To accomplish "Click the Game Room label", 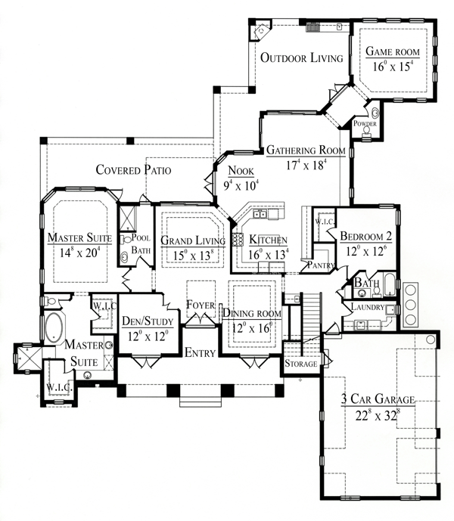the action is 393,51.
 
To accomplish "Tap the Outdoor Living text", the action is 301,57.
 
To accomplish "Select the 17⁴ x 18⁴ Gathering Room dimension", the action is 306,165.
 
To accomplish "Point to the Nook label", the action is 241,171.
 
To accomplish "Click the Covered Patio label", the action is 133,170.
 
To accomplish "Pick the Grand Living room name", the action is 193,240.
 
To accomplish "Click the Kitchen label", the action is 268,240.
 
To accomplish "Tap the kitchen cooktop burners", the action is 238,240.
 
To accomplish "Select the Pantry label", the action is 321,265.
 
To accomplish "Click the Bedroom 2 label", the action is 366,236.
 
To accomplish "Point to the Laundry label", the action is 368,307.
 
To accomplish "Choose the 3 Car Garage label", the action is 378,399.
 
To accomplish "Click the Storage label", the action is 301,364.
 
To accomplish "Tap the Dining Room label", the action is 252,313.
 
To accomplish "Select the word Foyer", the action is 201,305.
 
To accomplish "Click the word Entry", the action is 200,352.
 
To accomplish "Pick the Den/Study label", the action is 148,321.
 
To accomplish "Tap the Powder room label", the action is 365,123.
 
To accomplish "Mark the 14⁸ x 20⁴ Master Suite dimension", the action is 79,253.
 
